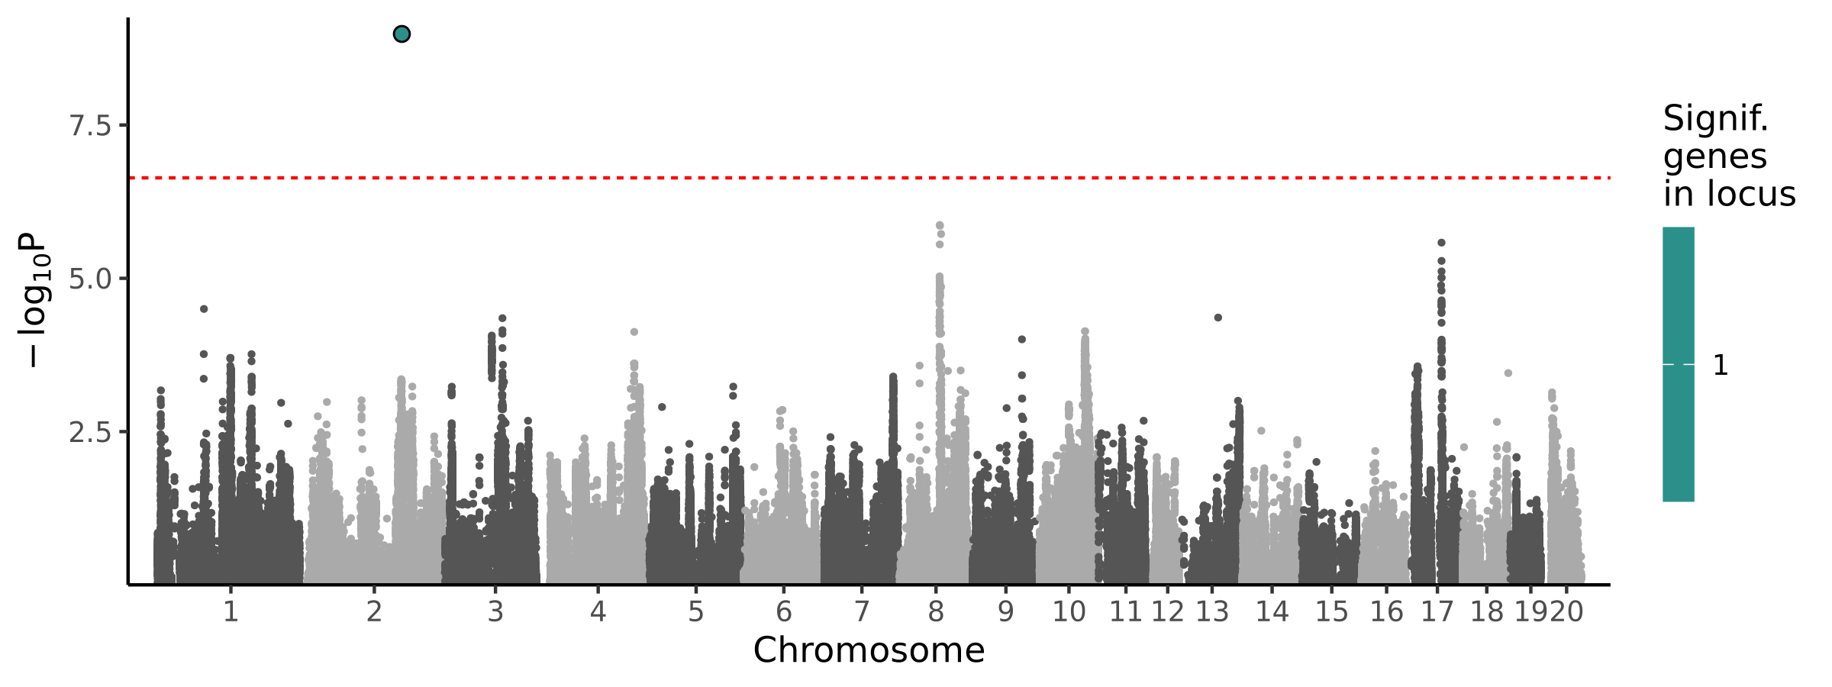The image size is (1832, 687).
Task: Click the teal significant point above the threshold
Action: tap(402, 34)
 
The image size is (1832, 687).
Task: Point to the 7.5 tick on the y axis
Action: tap(91, 126)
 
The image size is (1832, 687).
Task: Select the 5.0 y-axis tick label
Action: tap(91, 279)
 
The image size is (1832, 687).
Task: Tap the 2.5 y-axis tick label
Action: tap(91, 433)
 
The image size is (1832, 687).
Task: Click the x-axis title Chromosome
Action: tap(869, 650)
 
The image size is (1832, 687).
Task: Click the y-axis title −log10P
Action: tap(35, 300)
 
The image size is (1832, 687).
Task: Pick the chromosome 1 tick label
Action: tap(231, 611)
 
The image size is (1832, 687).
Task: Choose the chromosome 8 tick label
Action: tap(936, 611)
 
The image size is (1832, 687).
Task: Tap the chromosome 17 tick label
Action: tap(1437, 611)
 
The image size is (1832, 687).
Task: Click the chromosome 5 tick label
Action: tap(695, 611)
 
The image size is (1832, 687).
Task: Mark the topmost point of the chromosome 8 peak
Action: tap(940, 225)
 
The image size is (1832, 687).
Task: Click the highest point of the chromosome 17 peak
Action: tap(1441, 243)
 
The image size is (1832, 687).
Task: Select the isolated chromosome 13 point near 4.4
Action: tap(1218, 318)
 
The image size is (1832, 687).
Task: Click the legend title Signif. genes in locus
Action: tap(1728, 156)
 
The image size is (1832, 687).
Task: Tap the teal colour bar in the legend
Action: tap(1679, 364)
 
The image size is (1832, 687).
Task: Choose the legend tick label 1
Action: tap(1721, 366)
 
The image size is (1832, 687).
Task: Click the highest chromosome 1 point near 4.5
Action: tap(204, 309)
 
